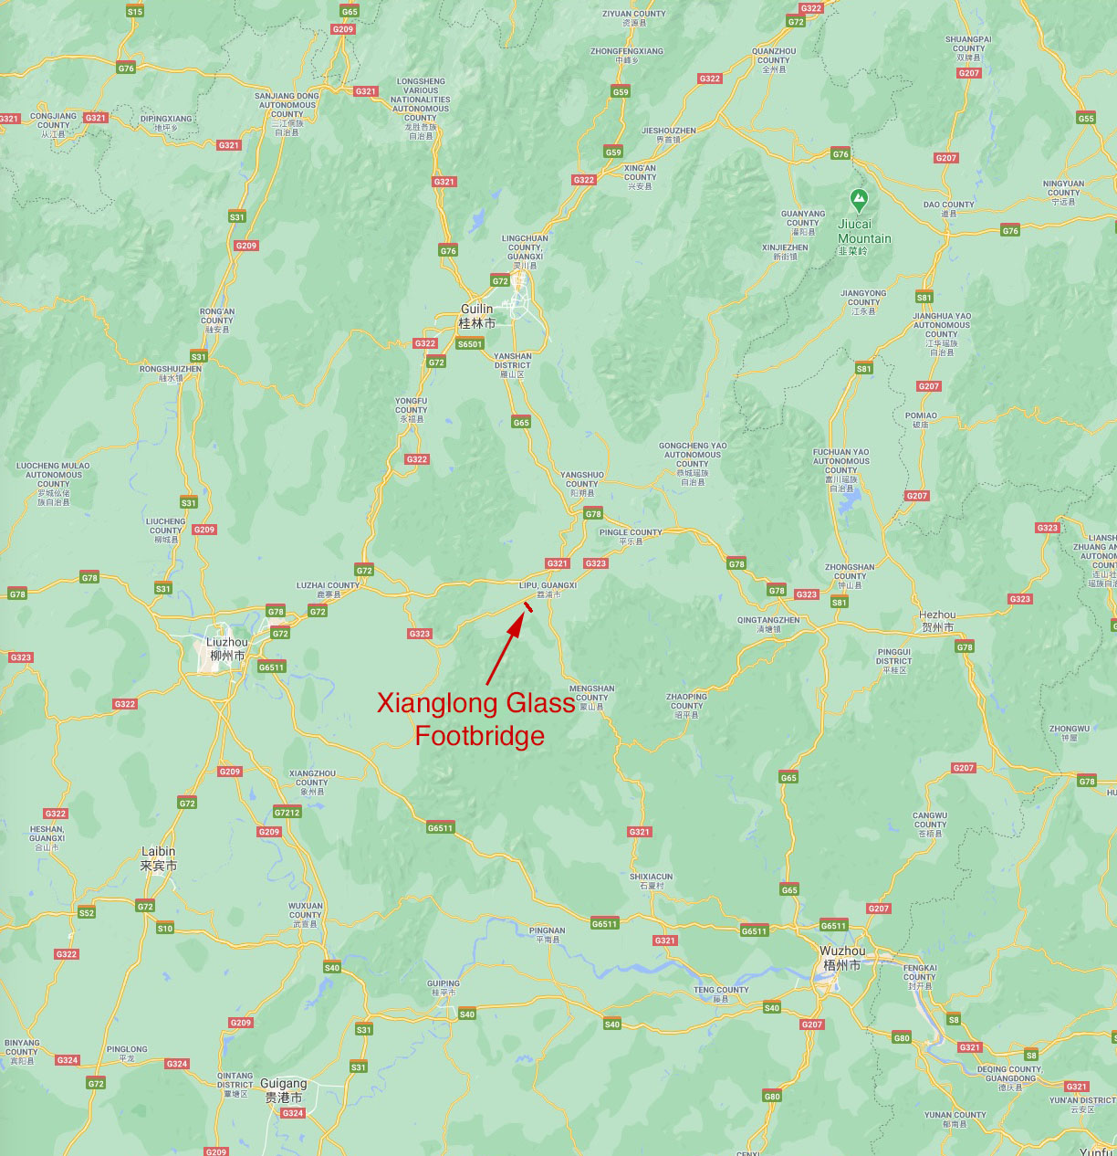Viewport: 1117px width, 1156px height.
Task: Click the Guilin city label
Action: (476, 316)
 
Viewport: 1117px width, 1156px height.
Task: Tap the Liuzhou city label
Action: (227, 648)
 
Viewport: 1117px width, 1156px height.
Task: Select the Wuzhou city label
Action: (840, 958)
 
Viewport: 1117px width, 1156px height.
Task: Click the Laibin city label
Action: (158, 858)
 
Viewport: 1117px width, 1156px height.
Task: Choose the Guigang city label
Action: (283, 1090)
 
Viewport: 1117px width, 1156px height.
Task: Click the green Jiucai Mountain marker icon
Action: (858, 197)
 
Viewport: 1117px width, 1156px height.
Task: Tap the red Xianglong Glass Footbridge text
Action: (476, 719)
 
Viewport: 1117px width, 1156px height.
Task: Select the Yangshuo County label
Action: (581, 484)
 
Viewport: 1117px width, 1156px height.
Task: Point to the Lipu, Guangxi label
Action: (548, 589)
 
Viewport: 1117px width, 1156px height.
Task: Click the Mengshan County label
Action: (591, 697)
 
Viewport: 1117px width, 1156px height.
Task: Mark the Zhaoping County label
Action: (686, 705)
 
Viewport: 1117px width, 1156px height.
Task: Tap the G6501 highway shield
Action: (469, 344)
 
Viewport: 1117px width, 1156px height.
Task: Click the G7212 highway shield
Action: (287, 813)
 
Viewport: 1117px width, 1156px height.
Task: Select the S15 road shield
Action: (135, 12)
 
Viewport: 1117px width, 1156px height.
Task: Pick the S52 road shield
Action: (87, 912)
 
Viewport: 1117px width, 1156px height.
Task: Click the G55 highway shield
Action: (1085, 119)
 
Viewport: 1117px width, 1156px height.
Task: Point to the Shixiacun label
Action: (651, 880)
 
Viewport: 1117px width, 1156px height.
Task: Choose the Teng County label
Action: (720, 993)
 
